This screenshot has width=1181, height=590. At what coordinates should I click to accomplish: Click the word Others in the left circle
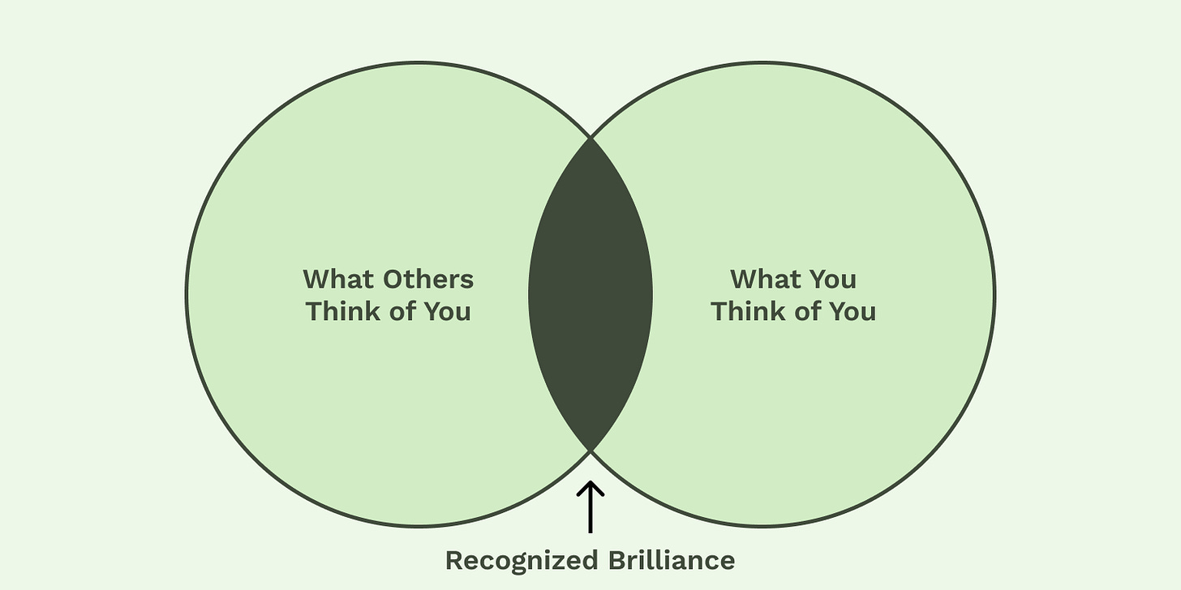429,280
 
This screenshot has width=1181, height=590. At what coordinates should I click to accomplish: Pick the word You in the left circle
448,312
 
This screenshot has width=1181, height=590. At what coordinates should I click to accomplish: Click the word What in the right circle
767,280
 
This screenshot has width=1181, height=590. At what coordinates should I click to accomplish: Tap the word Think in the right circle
749,312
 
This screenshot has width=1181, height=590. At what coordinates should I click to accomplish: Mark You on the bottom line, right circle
853,312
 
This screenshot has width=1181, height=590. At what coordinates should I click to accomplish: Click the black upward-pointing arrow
591,507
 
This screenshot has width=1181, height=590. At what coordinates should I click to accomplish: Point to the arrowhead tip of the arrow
591,483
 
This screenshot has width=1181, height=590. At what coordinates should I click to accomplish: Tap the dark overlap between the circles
590,294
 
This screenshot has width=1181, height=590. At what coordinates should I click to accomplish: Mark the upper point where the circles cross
590,139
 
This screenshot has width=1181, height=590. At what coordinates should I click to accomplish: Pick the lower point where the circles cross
590,450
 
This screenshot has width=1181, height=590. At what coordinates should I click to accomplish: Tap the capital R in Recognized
453,560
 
